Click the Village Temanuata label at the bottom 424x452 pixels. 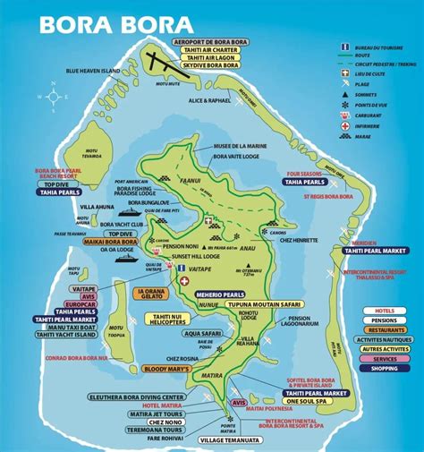(x=235, y=440)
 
